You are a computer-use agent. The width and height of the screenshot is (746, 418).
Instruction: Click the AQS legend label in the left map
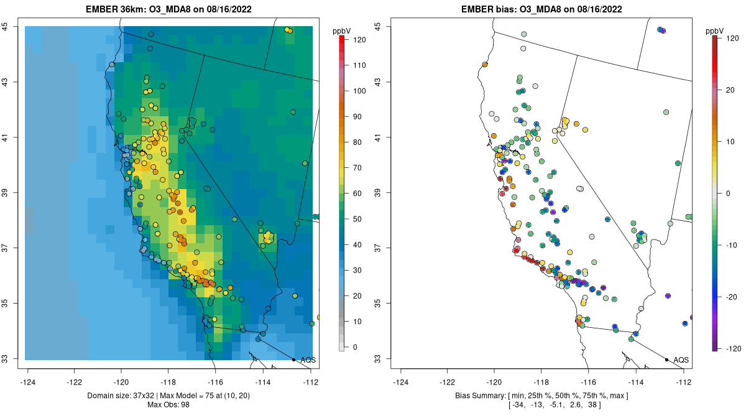308,360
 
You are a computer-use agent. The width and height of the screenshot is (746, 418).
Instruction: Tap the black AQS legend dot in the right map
666,360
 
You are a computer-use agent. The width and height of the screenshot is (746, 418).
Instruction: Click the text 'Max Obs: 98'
168,405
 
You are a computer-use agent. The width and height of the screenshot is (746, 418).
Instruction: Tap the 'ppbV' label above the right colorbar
716,30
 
